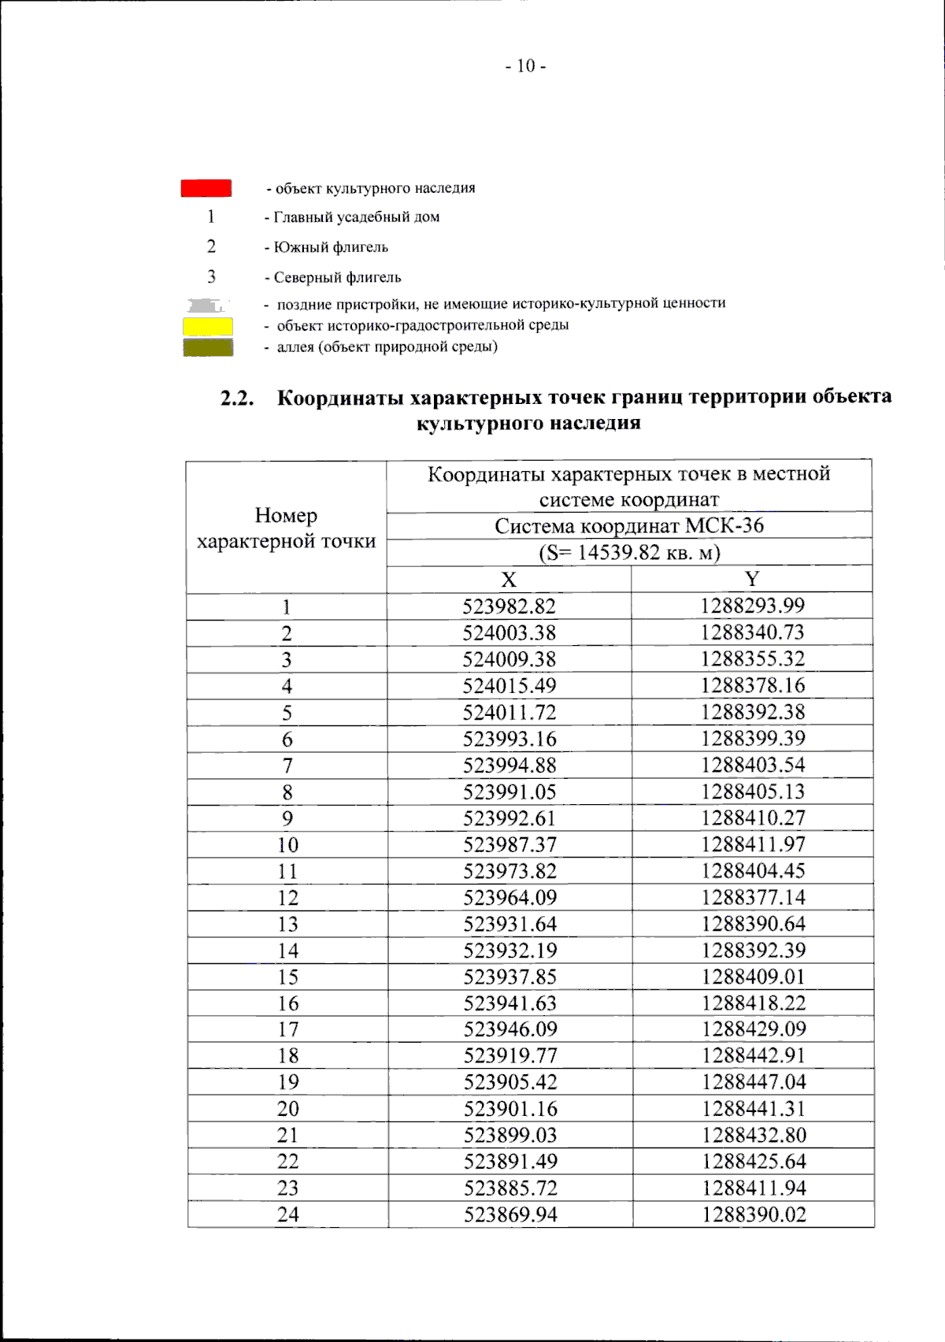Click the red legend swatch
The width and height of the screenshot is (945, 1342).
(x=206, y=188)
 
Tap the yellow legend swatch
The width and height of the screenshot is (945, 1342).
(x=208, y=325)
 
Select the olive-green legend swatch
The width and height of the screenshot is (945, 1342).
(x=208, y=347)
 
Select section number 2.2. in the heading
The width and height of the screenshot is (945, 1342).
(x=237, y=399)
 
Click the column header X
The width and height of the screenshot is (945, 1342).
(x=509, y=580)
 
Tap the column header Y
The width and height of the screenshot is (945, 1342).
(x=752, y=580)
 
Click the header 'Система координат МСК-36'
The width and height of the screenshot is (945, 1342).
(x=629, y=526)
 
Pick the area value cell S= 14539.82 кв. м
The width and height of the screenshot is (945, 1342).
(x=629, y=553)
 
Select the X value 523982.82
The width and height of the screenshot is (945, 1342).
(x=509, y=606)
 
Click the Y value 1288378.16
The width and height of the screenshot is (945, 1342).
(x=753, y=685)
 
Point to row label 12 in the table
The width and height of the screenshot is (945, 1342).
(x=287, y=898)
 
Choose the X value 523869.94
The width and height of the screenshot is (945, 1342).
(x=510, y=1214)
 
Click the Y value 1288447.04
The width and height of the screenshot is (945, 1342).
(x=754, y=1082)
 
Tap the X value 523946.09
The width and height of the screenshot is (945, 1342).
(x=510, y=1029)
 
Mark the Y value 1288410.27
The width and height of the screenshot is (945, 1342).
(x=753, y=817)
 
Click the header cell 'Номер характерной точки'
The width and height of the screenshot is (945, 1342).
(x=287, y=528)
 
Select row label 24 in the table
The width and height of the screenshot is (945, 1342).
(x=287, y=1214)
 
